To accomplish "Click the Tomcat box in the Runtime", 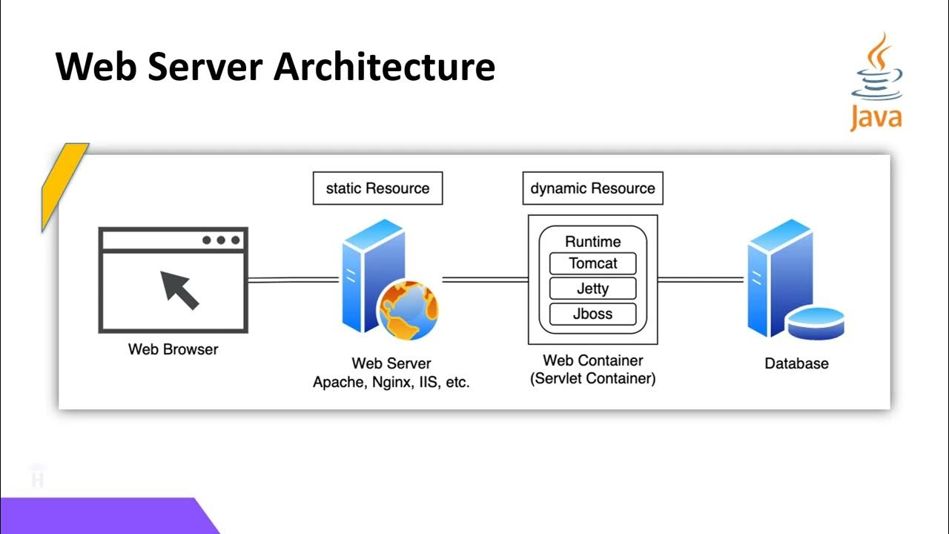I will [x=592, y=263].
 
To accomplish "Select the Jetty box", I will [x=592, y=289].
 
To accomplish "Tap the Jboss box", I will [x=592, y=314].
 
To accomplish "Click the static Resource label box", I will [x=377, y=188].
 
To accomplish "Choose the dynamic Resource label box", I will [x=592, y=188].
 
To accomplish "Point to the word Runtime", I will [x=592, y=242].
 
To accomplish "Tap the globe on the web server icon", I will [x=409, y=311].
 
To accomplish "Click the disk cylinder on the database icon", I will [x=815, y=323].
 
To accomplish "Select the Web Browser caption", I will [x=173, y=349].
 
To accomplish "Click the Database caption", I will [x=796, y=364].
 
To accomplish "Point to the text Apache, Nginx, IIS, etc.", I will [x=391, y=383].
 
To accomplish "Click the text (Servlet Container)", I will [x=592, y=379].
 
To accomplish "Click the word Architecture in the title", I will [x=384, y=67].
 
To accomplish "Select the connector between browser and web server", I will [x=294, y=280].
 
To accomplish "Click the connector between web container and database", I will [x=701, y=280].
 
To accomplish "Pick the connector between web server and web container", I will [x=485, y=280].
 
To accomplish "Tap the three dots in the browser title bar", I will [x=220, y=240].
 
